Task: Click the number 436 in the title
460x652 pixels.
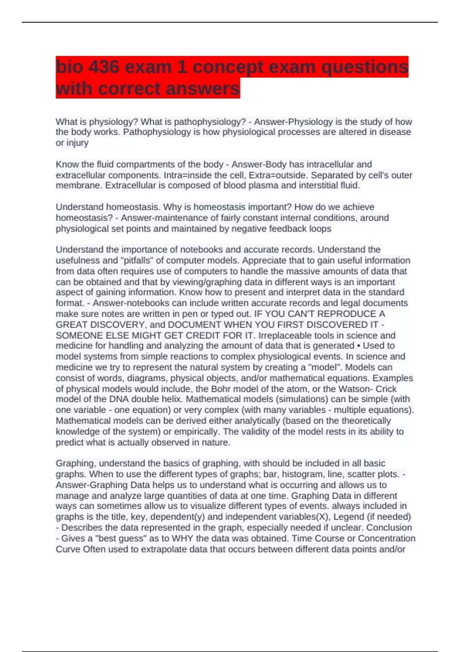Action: click(104, 67)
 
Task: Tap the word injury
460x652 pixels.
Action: click(78, 143)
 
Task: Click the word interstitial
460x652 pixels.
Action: click(324, 186)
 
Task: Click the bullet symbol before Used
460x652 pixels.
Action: click(359, 346)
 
